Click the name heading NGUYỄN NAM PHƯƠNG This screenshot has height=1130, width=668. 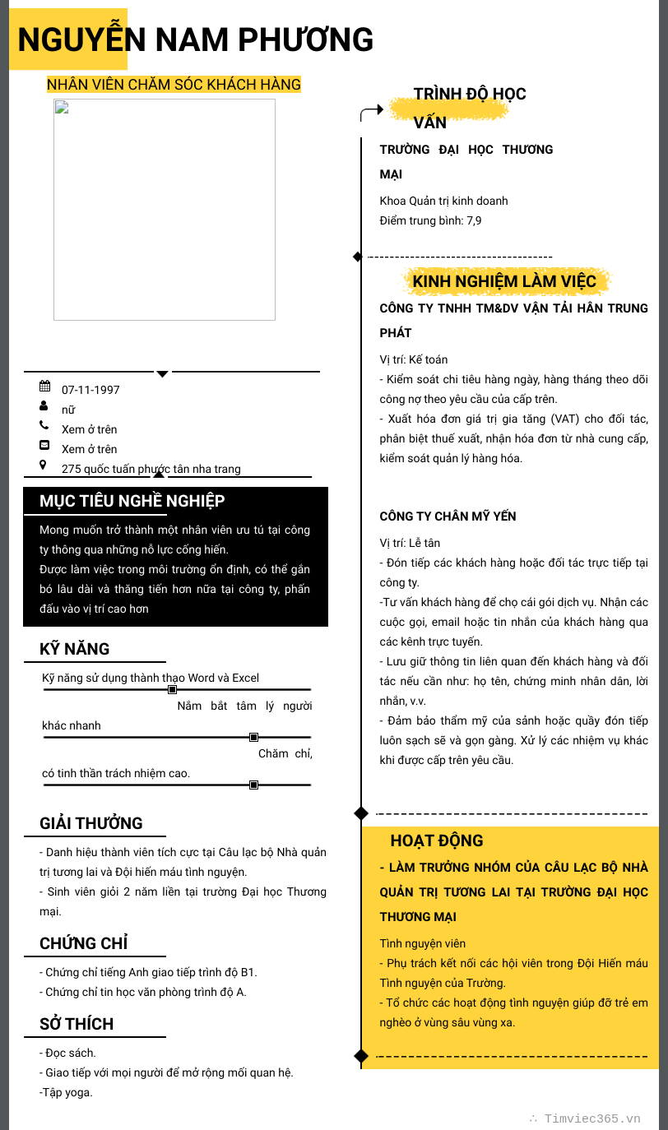tap(196, 39)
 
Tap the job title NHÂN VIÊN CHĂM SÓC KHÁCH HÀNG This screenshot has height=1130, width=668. tap(174, 84)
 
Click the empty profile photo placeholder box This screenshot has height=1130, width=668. tap(165, 210)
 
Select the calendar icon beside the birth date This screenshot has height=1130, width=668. tap(44, 386)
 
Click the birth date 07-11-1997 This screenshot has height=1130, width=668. tap(90, 390)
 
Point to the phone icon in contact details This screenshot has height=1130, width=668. tap(44, 425)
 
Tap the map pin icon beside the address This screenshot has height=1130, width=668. tap(44, 465)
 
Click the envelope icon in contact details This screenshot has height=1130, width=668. tap(44, 445)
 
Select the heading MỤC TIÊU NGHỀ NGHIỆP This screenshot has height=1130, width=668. tap(132, 501)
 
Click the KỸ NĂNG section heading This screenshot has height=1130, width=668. tap(75, 649)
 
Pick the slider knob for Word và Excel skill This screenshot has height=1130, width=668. tap(172, 689)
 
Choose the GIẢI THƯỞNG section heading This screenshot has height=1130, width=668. tap(91, 823)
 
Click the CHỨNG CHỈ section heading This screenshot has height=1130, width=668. tap(84, 943)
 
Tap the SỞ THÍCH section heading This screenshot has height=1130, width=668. tap(77, 1024)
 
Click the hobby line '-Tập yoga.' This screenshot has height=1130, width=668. tap(66, 1092)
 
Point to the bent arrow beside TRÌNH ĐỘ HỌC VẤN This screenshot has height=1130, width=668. tap(372, 112)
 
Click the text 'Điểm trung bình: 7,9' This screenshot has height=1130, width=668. tap(430, 220)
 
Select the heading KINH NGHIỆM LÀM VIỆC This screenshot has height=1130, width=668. tap(504, 282)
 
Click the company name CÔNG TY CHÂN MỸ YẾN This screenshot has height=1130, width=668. tap(448, 516)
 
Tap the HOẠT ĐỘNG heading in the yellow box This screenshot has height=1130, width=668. tap(437, 841)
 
